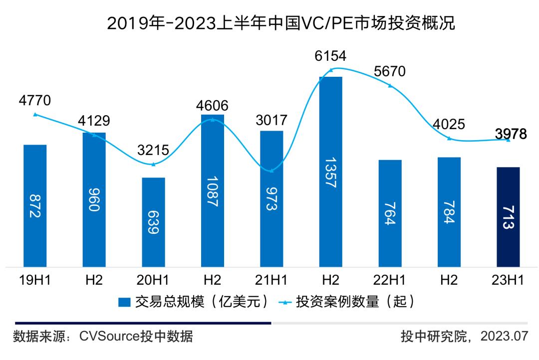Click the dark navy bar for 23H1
tap(508, 217)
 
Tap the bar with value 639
tap(153, 222)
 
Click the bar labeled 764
tap(390, 213)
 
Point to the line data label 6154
tap(330, 56)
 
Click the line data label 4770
tap(35, 100)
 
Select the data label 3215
tap(153, 150)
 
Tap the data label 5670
tap(390, 72)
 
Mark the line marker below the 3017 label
tap(271, 171)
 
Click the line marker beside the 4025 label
tap(449, 138)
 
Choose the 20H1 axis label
tap(153, 280)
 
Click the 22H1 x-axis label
tap(390, 280)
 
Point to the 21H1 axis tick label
tap(271, 280)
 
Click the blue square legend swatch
tap(124, 302)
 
